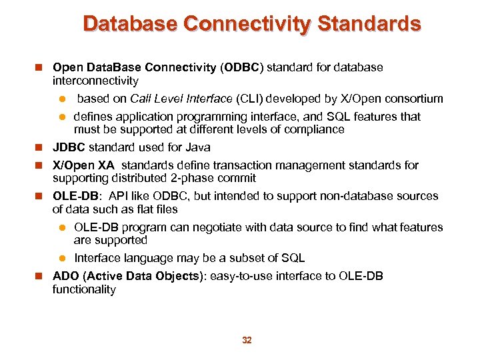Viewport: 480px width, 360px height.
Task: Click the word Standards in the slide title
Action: click(x=369, y=25)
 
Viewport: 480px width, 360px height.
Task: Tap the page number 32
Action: click(x=247, y=340)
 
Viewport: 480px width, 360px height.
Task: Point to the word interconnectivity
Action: click(x=95, y=81)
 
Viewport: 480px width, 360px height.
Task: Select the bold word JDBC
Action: click(x=69, y=147)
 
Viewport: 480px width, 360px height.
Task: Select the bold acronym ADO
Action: click(x=65, y=276)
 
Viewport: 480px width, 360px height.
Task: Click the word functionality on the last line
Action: click(x=84, y=289)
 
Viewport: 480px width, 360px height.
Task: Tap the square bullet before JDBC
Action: click(x=41, y=147)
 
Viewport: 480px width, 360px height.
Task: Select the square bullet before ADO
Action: click(x=41, y=276)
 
